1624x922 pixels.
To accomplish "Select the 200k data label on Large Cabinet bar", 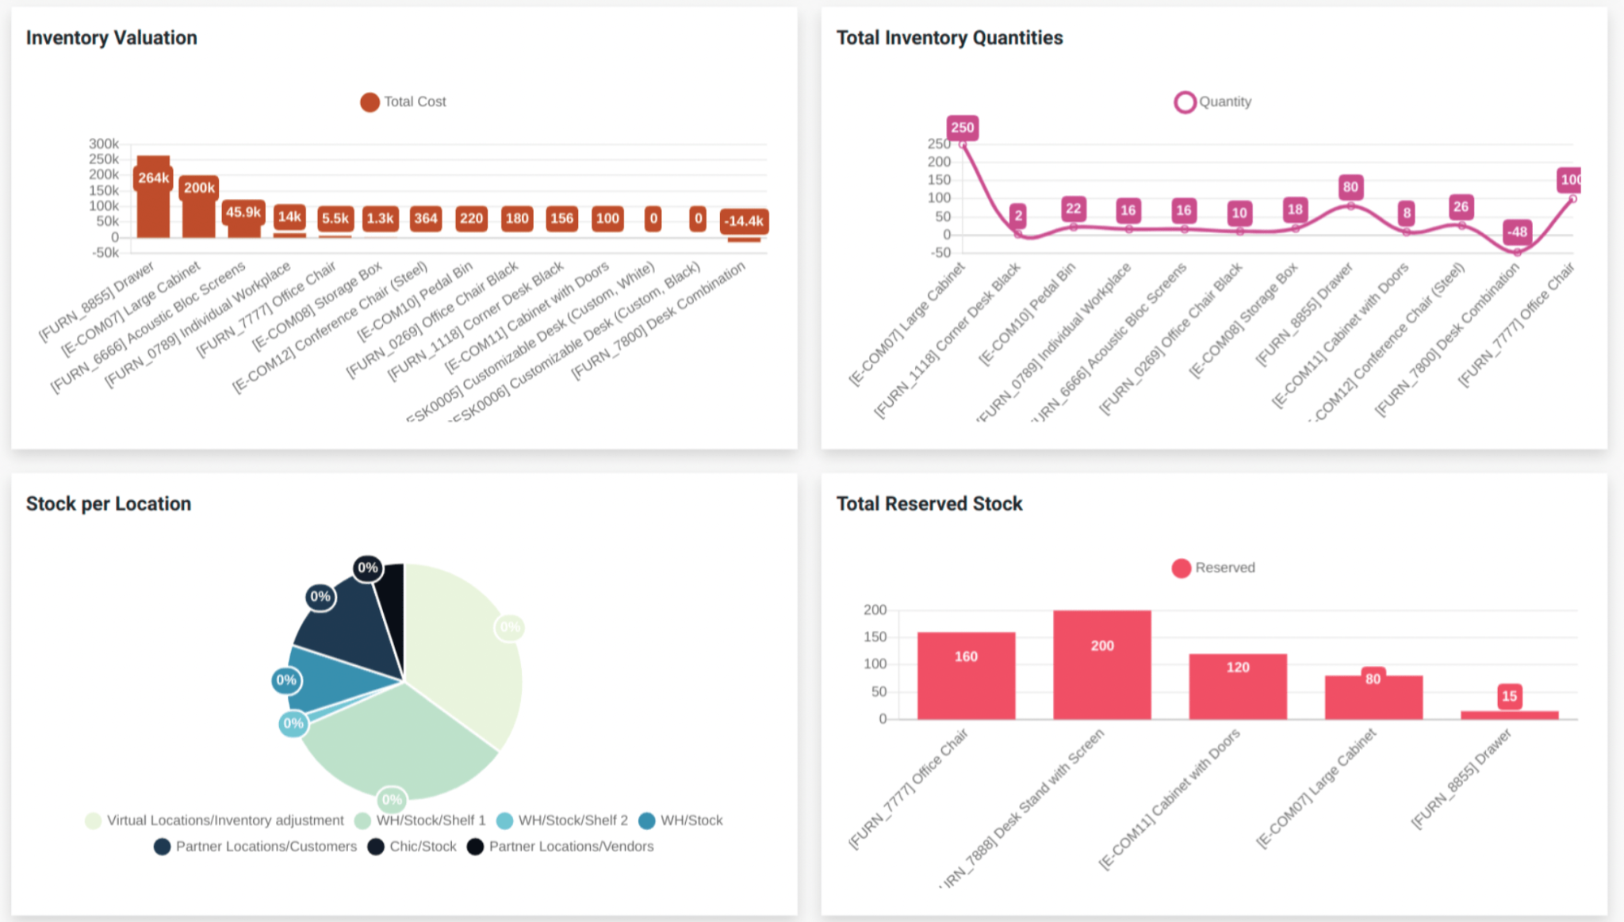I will coord(199,188).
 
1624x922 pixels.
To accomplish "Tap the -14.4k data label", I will coord(744,221).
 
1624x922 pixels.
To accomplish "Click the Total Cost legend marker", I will coord(370,102).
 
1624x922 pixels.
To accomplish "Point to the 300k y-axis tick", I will coord(103,143).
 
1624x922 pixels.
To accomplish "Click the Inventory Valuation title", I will coord(111,37).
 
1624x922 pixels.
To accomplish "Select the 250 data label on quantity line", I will coord(962,128).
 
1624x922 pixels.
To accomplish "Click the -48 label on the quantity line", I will coord(1517,232).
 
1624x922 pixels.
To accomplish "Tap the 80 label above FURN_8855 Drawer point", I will coord(1350,187).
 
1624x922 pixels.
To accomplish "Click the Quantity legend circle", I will coord(1185,102).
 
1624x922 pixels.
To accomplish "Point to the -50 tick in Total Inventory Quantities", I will coord(941,253).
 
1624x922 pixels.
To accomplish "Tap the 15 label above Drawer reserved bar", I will coord(1509,696).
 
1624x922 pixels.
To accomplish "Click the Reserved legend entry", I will coord(1214,568).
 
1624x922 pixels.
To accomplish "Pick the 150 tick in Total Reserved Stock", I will coord(875,637).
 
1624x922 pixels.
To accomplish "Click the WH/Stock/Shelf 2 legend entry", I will coord(562,821).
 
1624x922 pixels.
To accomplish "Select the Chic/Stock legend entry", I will coord(412,847).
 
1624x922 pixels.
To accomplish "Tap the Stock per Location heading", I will coord(109,503).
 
